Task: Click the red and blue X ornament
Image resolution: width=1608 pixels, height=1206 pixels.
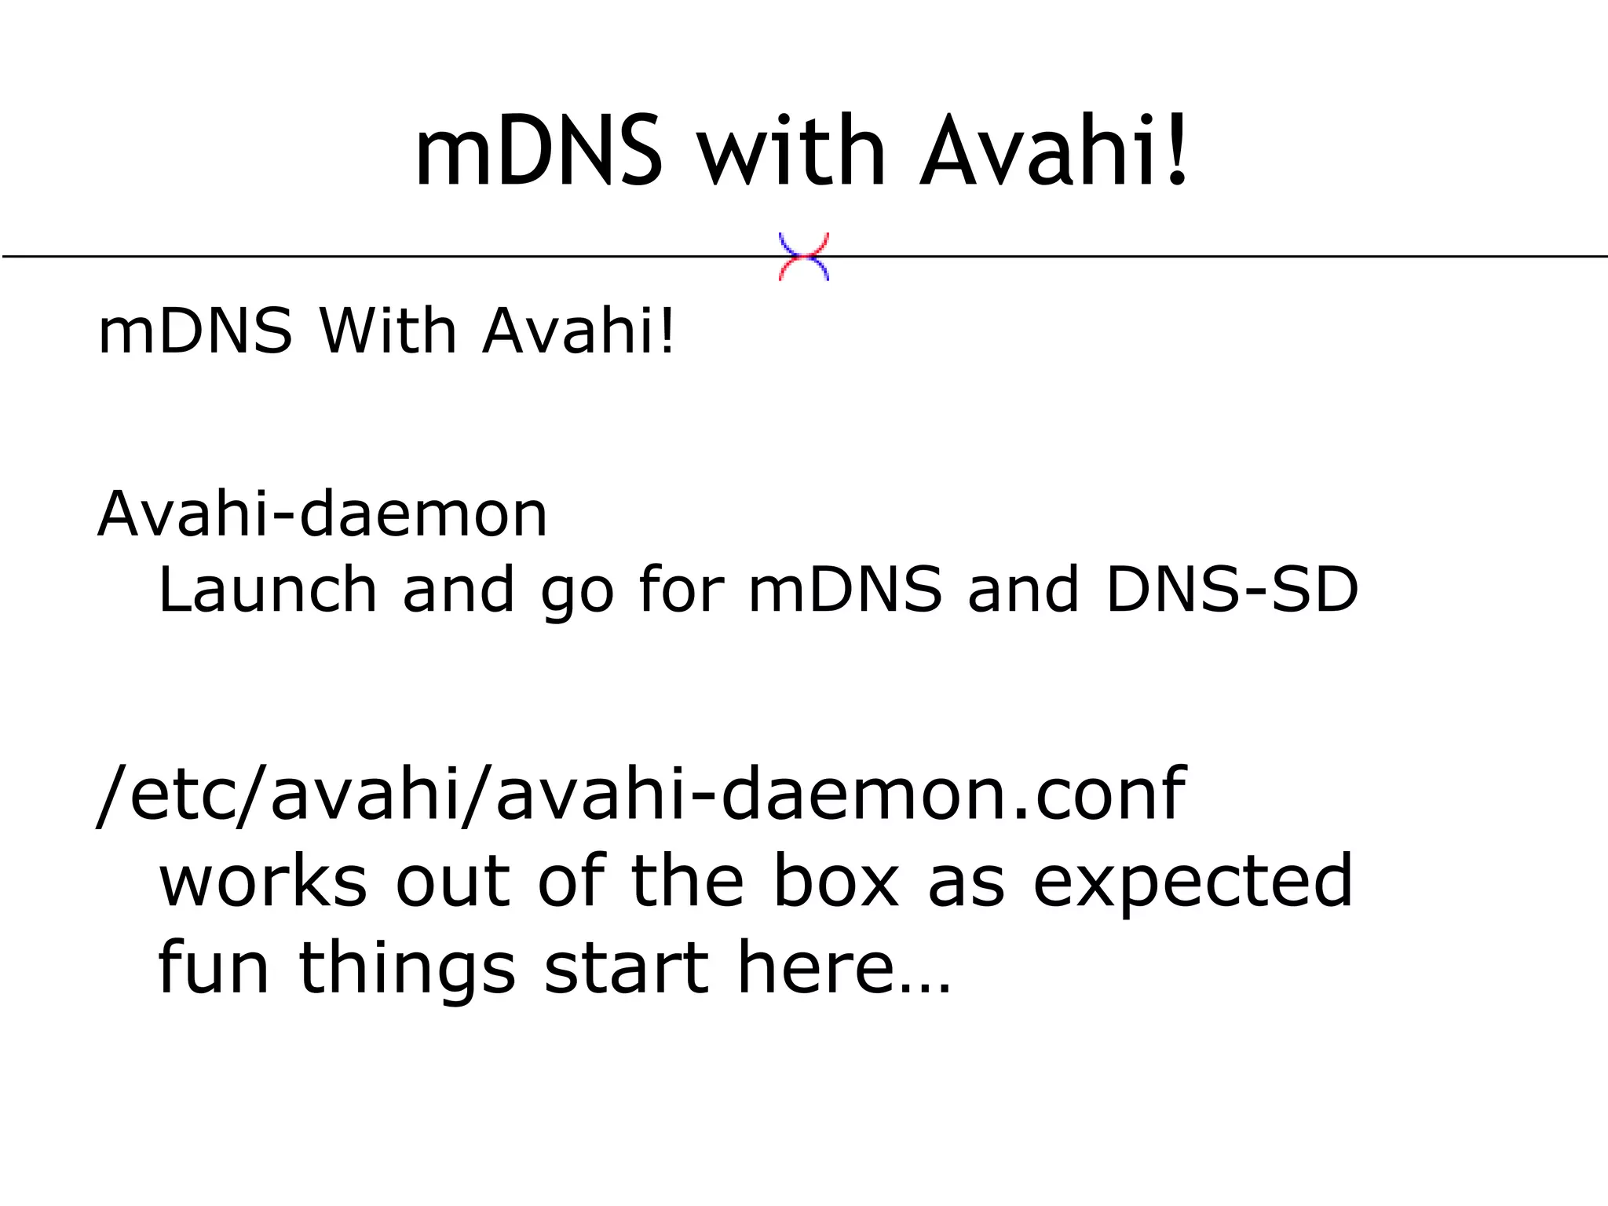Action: click(x=803, y=257)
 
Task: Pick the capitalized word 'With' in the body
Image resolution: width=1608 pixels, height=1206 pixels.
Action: click(x=388, y=331)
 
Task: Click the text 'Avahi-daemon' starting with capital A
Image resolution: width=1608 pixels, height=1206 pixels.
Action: click(x=323, y=514)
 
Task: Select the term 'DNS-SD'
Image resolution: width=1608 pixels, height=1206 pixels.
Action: click(x=1232, y=590)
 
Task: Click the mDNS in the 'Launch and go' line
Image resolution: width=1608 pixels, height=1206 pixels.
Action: click(x=845, y=590)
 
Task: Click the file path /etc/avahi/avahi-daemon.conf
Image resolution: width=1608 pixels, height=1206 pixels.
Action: click(x=641, y=794)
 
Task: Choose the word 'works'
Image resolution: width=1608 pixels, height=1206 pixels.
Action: click(x=263, y=881)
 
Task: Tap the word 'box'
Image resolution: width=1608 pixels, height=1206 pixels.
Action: click(x=835, y=881)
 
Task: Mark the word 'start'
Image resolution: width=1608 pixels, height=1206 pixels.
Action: click(x=627, y=969)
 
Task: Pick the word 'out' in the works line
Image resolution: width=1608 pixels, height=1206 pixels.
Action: click(x=451, y=883)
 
